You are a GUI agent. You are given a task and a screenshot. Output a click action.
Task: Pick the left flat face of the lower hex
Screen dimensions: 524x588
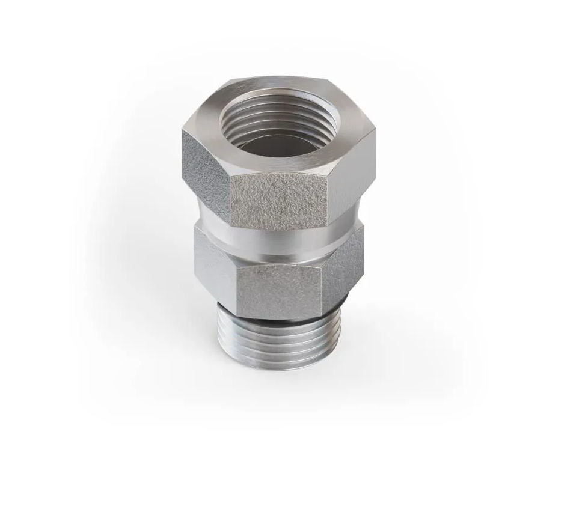(x=213, y=264)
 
